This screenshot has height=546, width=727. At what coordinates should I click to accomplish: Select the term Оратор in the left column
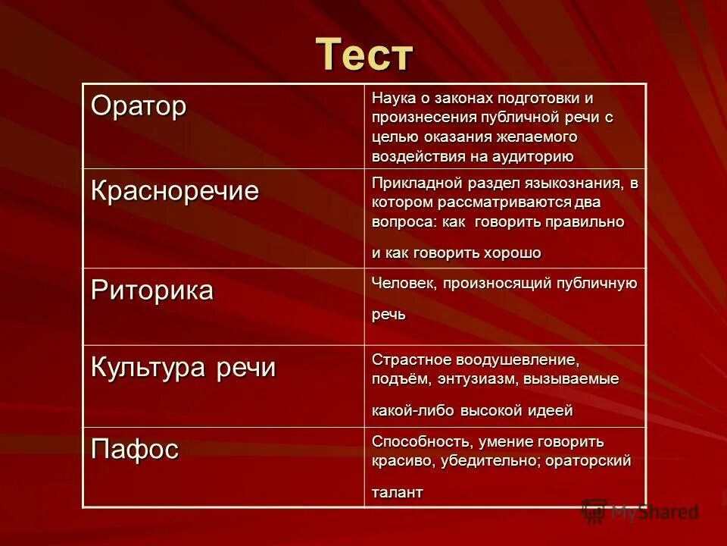click(x=139, y=106)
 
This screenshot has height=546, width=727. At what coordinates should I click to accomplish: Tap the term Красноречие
click(x=175, y=190)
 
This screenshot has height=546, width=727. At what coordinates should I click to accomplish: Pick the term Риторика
click(x=152, y=290)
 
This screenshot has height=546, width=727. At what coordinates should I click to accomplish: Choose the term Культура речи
click(x=183, y=368)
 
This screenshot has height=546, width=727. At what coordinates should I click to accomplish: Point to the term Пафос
click(x=135, y=449)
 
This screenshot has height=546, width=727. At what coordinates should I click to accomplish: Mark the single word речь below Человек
click(x=388, y=314)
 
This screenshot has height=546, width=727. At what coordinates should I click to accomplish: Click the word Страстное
click(x=407, y=358)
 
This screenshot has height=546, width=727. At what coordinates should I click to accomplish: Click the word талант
click(x=397, y=491)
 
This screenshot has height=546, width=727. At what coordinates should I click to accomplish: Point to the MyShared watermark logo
click(x=640, y=512)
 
